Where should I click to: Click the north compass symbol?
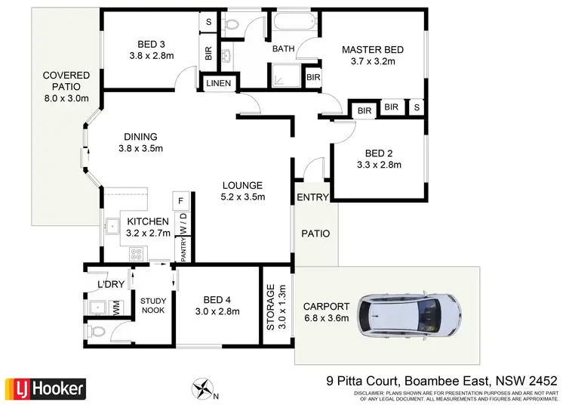coord(203,389)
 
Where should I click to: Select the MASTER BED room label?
coord(373,50)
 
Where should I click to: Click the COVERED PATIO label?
coord(66,87)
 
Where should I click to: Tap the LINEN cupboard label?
coord(219,82)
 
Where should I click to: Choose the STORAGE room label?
coord(270,308)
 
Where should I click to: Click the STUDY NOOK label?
coord(153,306)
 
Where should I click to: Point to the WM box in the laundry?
coord(117,308)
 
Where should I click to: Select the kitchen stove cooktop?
coord(137,254)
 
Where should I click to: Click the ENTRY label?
coord(312,198)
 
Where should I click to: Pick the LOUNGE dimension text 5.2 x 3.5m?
coord(241,197)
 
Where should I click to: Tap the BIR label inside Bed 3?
coord(208,54)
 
